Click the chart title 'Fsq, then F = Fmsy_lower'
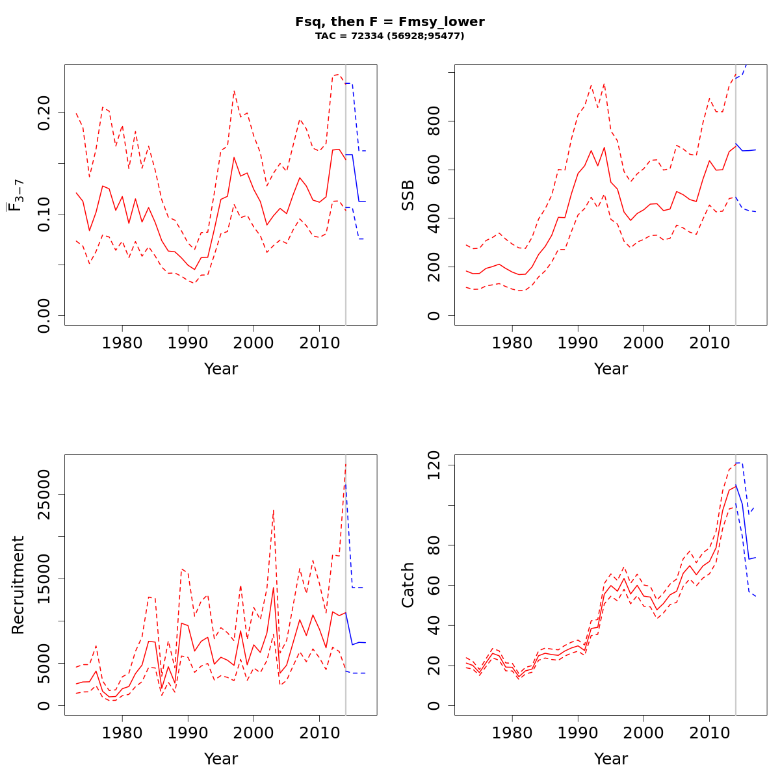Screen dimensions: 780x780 (x=390, y=21)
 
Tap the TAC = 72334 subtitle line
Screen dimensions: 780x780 (x=390, y=36)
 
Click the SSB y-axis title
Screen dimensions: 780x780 (x=408, y=194)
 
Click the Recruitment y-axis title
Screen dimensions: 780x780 (x=18, y=584)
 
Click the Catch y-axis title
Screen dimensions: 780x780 (x=408, y=584)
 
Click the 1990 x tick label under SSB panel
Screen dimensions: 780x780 (x=578, y=343)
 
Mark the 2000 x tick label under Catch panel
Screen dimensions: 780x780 (x=643, y=733)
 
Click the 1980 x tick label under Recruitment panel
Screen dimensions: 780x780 (x=122, y=733)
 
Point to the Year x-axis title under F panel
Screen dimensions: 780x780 (x=221, y=369)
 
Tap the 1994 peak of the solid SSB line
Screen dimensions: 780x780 (x=604, y=148)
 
